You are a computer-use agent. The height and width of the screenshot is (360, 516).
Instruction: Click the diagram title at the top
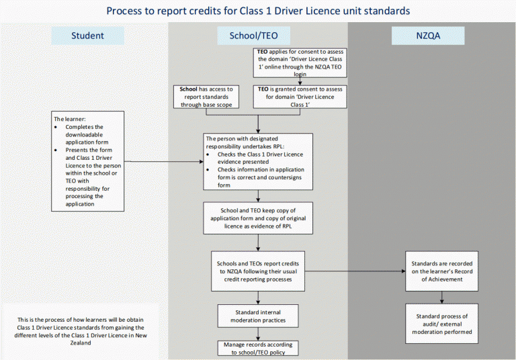tap(258, 11)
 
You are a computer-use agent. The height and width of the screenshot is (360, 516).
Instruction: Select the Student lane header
tap(87, 36)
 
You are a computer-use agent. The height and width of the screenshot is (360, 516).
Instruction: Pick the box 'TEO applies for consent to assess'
tap(300, 62)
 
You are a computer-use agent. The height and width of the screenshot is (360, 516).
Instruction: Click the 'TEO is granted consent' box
tap(300, 97)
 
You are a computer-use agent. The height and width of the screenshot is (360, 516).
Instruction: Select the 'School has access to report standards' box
tap(207, 97)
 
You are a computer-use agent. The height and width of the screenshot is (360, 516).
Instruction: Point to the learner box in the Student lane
tap(87, 162)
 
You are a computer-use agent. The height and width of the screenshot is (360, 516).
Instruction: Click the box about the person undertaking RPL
tap(259, 162)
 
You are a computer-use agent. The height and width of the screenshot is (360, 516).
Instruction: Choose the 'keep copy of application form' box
tap(259, 218)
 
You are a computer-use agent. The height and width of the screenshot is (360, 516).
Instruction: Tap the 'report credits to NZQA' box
tap(259, 271)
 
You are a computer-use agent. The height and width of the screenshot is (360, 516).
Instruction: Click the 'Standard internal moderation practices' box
tap(259, 316)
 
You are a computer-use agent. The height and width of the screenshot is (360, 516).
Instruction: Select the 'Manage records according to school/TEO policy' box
tap(259, 347)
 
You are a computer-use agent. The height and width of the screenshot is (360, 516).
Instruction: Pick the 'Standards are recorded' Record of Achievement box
tap(441, 271)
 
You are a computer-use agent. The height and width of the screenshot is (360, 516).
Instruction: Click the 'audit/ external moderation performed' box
tap(441, 323)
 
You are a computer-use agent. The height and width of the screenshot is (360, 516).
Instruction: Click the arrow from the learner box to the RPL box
tap(164, 162)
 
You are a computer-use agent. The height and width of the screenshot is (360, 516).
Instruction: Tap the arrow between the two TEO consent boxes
tap(300, 81)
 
